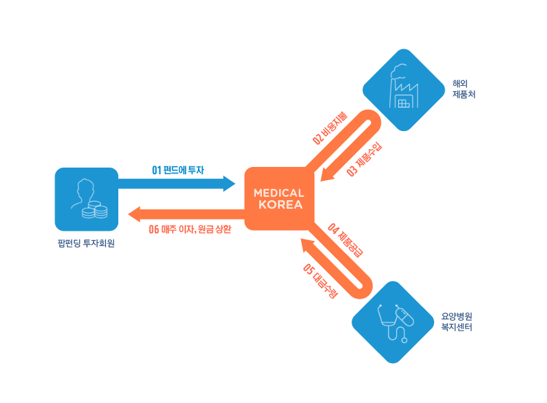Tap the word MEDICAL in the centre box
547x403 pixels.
coord(279,193)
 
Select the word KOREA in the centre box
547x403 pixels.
coord(280,205)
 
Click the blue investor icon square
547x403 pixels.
coord(86,199)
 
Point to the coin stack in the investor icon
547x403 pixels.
coord(94,211)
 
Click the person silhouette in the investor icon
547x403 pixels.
coord(82,193)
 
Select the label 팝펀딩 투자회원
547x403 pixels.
coord(86,243)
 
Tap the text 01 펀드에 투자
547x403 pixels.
coord(177,170)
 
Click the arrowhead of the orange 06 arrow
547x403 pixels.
coord(134,214)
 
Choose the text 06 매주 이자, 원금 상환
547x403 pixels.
coord(190,229)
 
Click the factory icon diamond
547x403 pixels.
coord(403,89)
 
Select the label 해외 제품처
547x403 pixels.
coord(463,89)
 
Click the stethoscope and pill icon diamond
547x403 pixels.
coord(392,322)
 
